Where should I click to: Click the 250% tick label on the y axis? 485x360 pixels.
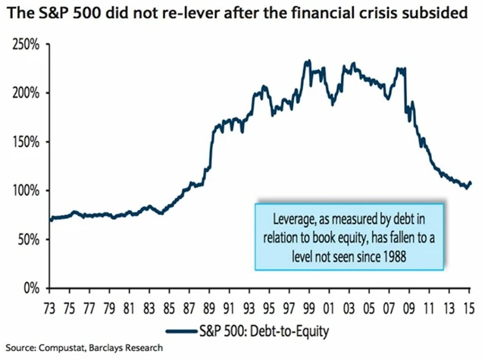[26, 44]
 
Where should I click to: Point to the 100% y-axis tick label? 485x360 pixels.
[26, 190]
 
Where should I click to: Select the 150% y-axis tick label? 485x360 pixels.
[26, 142]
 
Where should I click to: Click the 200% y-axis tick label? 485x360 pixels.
[26, 92]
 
